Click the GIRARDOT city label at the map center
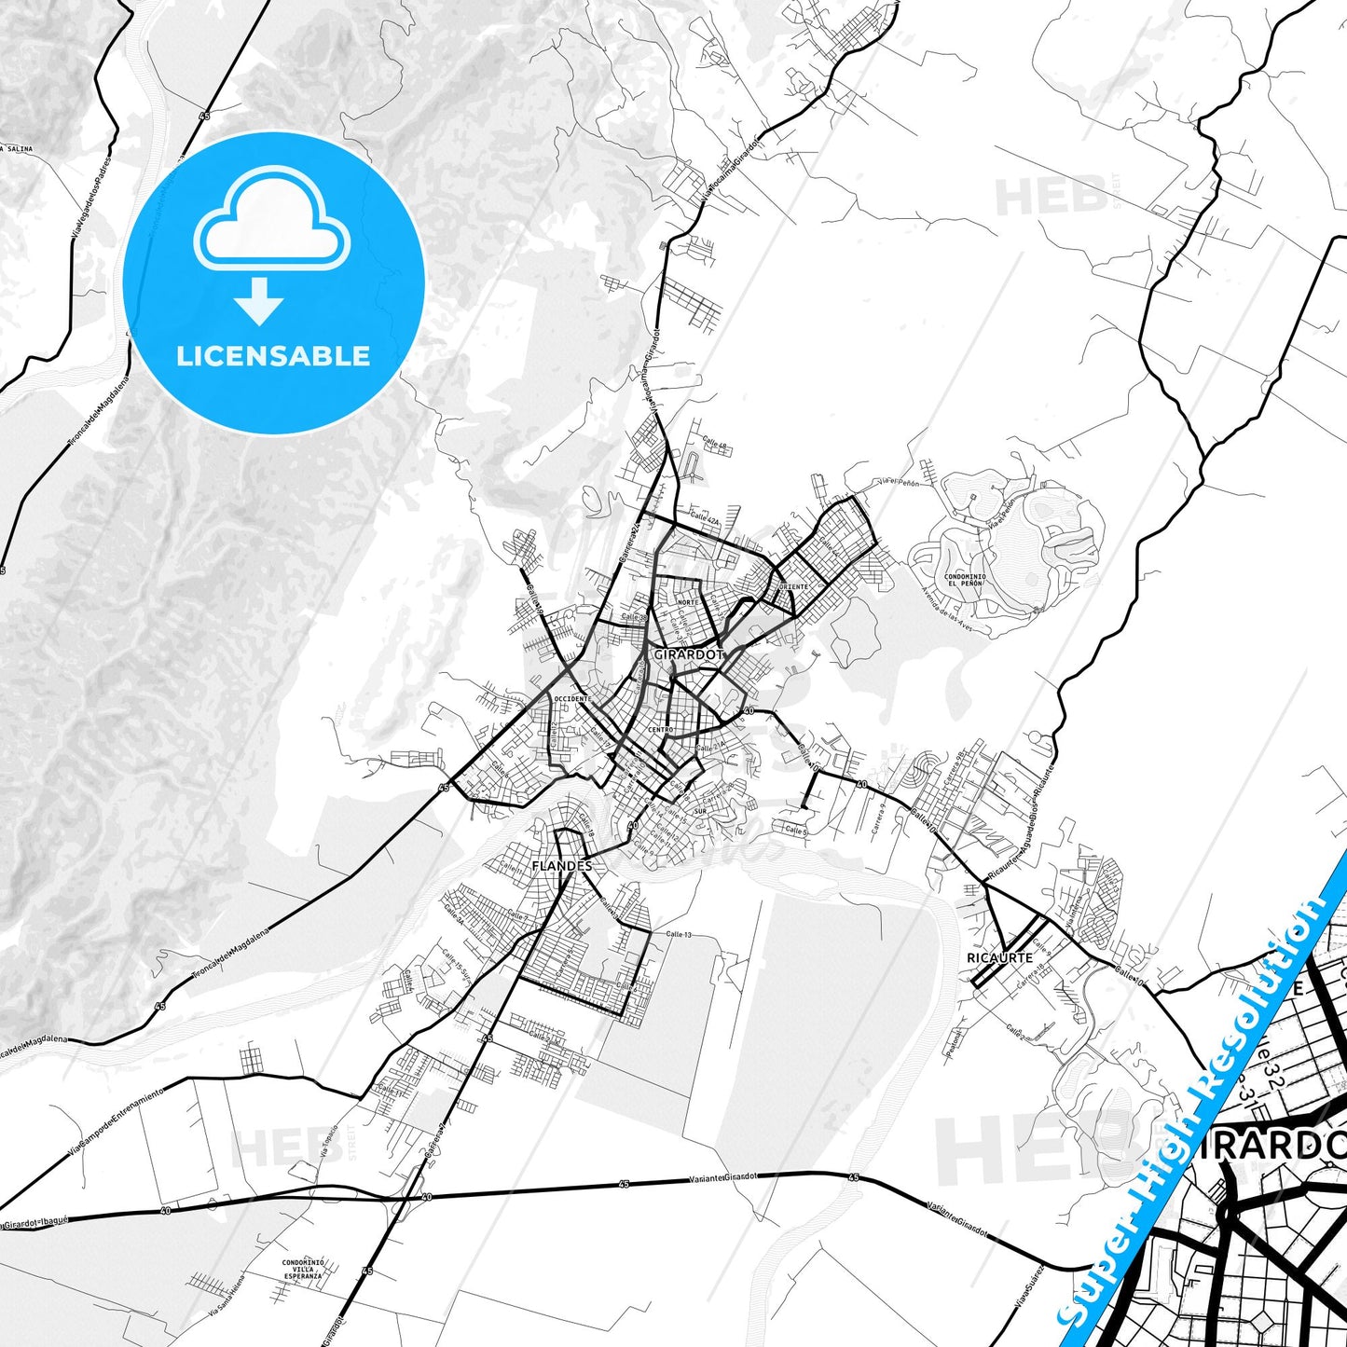688,654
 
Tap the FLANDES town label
561,865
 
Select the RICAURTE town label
999,957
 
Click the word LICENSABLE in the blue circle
273,356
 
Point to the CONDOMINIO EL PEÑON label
965,580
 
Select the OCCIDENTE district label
571,698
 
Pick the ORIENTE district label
794,587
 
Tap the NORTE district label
687,602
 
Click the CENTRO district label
660,729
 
